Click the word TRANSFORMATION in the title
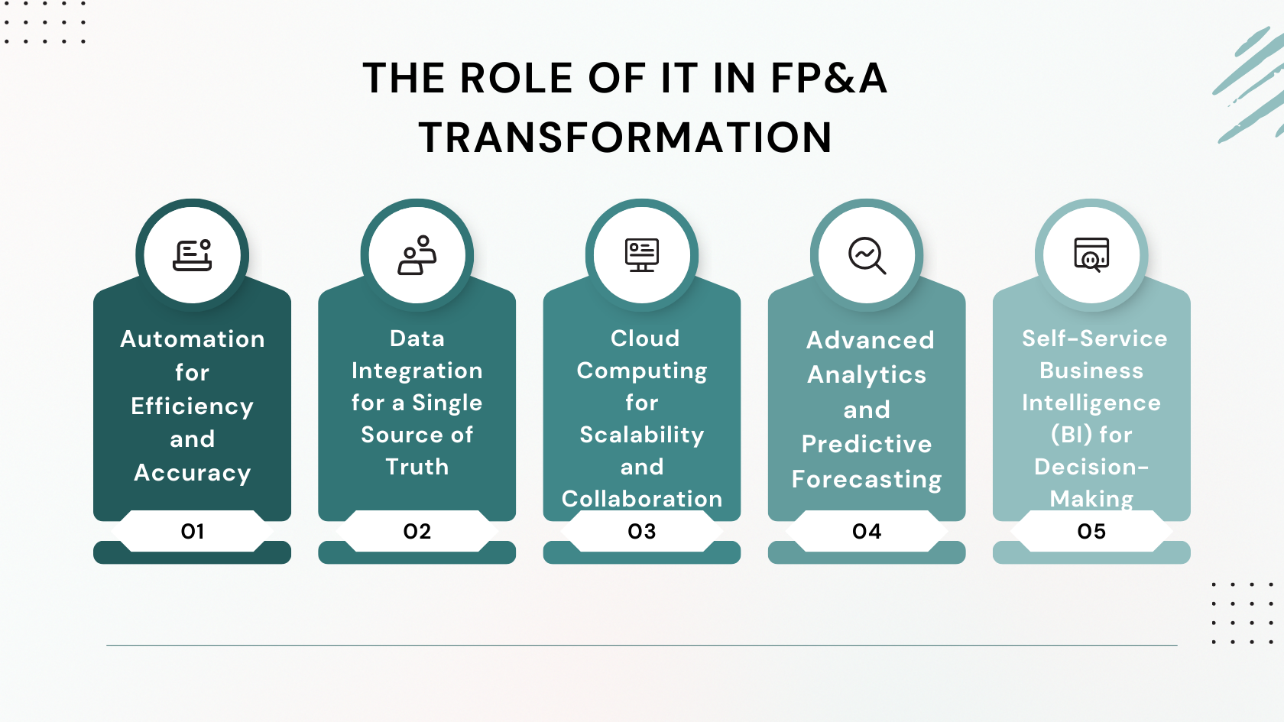click(x=625, y=138)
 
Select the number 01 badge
click(x=193, y=531)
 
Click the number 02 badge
click(x=417, y=531)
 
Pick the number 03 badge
click(x=642, y=531)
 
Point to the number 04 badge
click(x=867, y=531)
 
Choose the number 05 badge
click(x=1091, y=531)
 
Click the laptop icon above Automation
click(x=193, y=255)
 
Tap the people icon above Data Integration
click(x=417, y=255)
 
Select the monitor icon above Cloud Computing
click(x=642, y=255)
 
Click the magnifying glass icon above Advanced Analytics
click(x=867, y=255)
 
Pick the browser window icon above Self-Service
click(x=1091, y=254)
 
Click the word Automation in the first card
click(x=193, y=339)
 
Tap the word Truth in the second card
click(x=417, y=467)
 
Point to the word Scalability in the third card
click(x=642, y=435)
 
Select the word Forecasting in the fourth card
click(x=867, y=480)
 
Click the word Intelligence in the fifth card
click(x=1091, y=403)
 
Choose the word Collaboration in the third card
click(x=642, y=499)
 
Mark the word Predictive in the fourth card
click(x=867, y=444)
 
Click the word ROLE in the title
click(x=516, y=78)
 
